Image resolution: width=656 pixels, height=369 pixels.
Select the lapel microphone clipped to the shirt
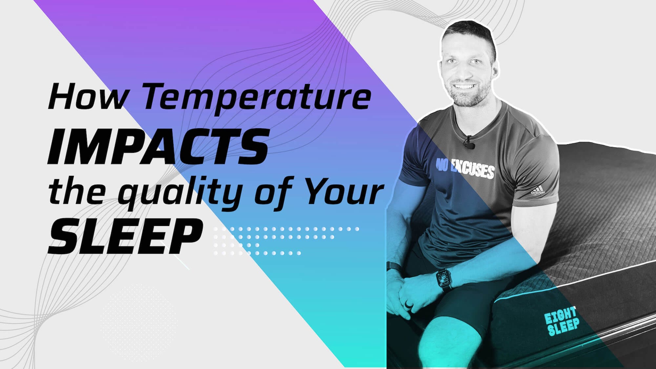[x=470, y=142]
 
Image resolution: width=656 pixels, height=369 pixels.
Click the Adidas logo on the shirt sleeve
[x=538, y=191]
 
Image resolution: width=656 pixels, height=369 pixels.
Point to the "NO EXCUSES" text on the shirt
[x=465, y=169]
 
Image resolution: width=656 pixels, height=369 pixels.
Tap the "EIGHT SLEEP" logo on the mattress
[x=562, y=321]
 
